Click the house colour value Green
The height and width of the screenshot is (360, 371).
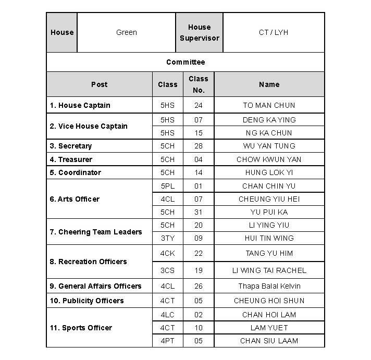126,32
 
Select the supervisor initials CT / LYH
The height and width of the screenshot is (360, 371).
273,32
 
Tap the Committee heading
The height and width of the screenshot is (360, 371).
185,62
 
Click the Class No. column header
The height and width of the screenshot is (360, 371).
198,84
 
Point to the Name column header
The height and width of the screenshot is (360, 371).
269,84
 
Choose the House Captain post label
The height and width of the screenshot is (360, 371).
80,105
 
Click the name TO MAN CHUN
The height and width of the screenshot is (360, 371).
269,105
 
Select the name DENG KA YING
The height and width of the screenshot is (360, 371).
269,120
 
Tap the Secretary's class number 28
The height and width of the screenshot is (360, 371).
198,146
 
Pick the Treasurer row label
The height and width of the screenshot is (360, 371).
71,159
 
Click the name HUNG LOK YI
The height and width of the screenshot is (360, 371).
269,172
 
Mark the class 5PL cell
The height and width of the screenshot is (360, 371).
167,186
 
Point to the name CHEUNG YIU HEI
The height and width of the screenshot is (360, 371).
269,199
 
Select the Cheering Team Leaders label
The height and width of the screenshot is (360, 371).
96,232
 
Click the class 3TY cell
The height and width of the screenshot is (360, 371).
167,238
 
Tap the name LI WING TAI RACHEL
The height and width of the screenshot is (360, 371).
269,270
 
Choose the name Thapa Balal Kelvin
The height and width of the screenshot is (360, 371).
269,286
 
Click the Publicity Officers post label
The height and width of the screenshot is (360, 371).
86,301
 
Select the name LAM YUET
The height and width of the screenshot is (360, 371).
269,328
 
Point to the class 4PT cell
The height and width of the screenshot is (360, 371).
167,341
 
